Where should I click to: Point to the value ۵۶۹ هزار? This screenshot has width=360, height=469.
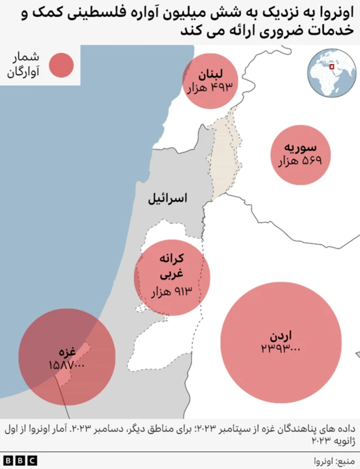(300, 162)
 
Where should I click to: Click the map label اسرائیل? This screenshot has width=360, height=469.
(167, 199)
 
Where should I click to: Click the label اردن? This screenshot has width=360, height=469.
(281, 336)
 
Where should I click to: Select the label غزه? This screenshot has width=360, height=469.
(67, 353)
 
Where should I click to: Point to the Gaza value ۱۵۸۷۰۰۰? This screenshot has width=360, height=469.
(66, 366)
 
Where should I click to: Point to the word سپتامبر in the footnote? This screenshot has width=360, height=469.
(218, 430)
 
